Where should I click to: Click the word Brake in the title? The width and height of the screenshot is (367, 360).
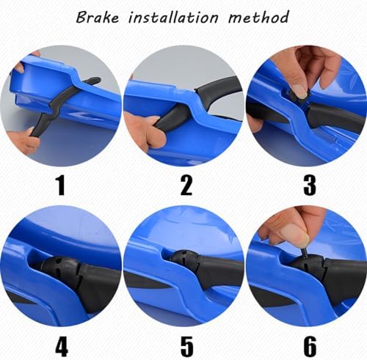[98, 18]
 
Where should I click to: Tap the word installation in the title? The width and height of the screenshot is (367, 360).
[173, 18]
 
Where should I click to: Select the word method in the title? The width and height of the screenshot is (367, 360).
[258, 17]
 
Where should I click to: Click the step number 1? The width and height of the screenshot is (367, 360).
[60, 185]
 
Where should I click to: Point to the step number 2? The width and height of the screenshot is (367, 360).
[186, 185]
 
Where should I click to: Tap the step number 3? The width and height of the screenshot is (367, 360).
[310, 185]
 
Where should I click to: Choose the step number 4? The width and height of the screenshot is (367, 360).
[62, 347]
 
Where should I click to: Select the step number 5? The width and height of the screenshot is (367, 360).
[187, 347]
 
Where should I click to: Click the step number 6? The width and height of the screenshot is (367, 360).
[310, 347]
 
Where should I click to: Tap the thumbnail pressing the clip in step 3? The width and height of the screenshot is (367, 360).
[300, 91]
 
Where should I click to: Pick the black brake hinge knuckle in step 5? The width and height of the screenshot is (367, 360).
[185, 261]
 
